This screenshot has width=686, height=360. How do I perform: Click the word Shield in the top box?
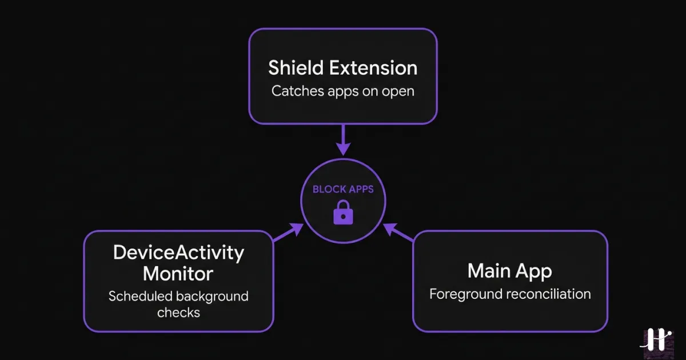point(297,68)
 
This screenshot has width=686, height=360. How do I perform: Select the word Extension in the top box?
point(373,68)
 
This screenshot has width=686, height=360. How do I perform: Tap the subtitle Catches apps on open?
point(343,91)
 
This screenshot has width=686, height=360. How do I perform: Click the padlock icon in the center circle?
point(343,213)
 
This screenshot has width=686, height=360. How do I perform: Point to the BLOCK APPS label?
point(343,189)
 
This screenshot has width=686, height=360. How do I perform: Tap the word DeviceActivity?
point(178,253)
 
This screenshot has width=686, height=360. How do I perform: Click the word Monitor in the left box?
point(178,274)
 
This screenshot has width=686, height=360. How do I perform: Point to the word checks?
point(178,313)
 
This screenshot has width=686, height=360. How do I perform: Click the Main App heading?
point(510,271)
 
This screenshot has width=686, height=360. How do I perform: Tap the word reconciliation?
point(547,294)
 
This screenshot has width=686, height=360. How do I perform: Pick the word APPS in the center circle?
point(359,189)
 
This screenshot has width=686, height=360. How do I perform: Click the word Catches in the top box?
point(294,91)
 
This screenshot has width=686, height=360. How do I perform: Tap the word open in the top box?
point(400,91)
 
